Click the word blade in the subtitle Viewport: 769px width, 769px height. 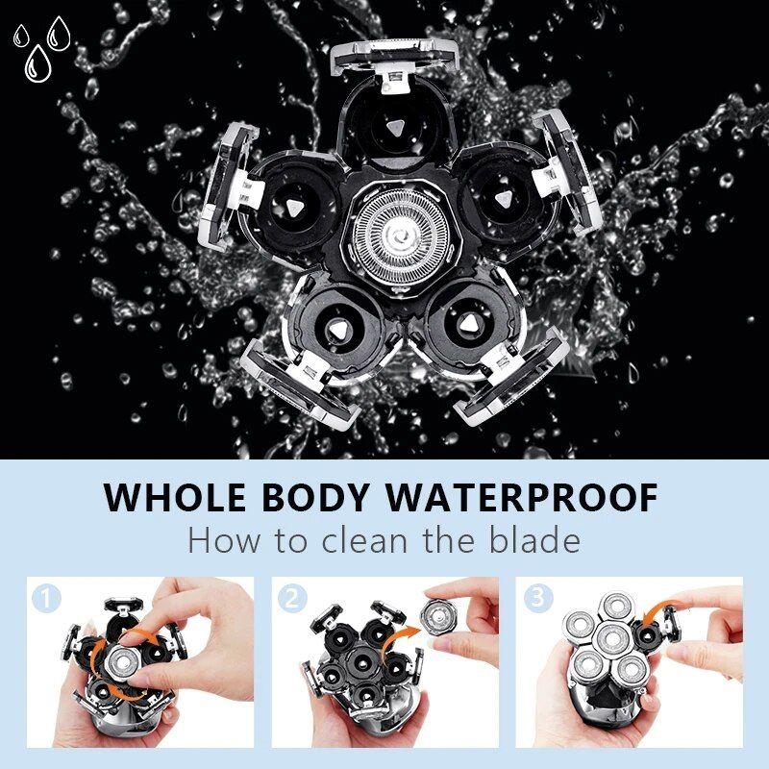tap(533, 540)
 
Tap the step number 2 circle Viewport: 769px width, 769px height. tap(291, 598)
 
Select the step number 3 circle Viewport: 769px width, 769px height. tap(536, 598)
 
